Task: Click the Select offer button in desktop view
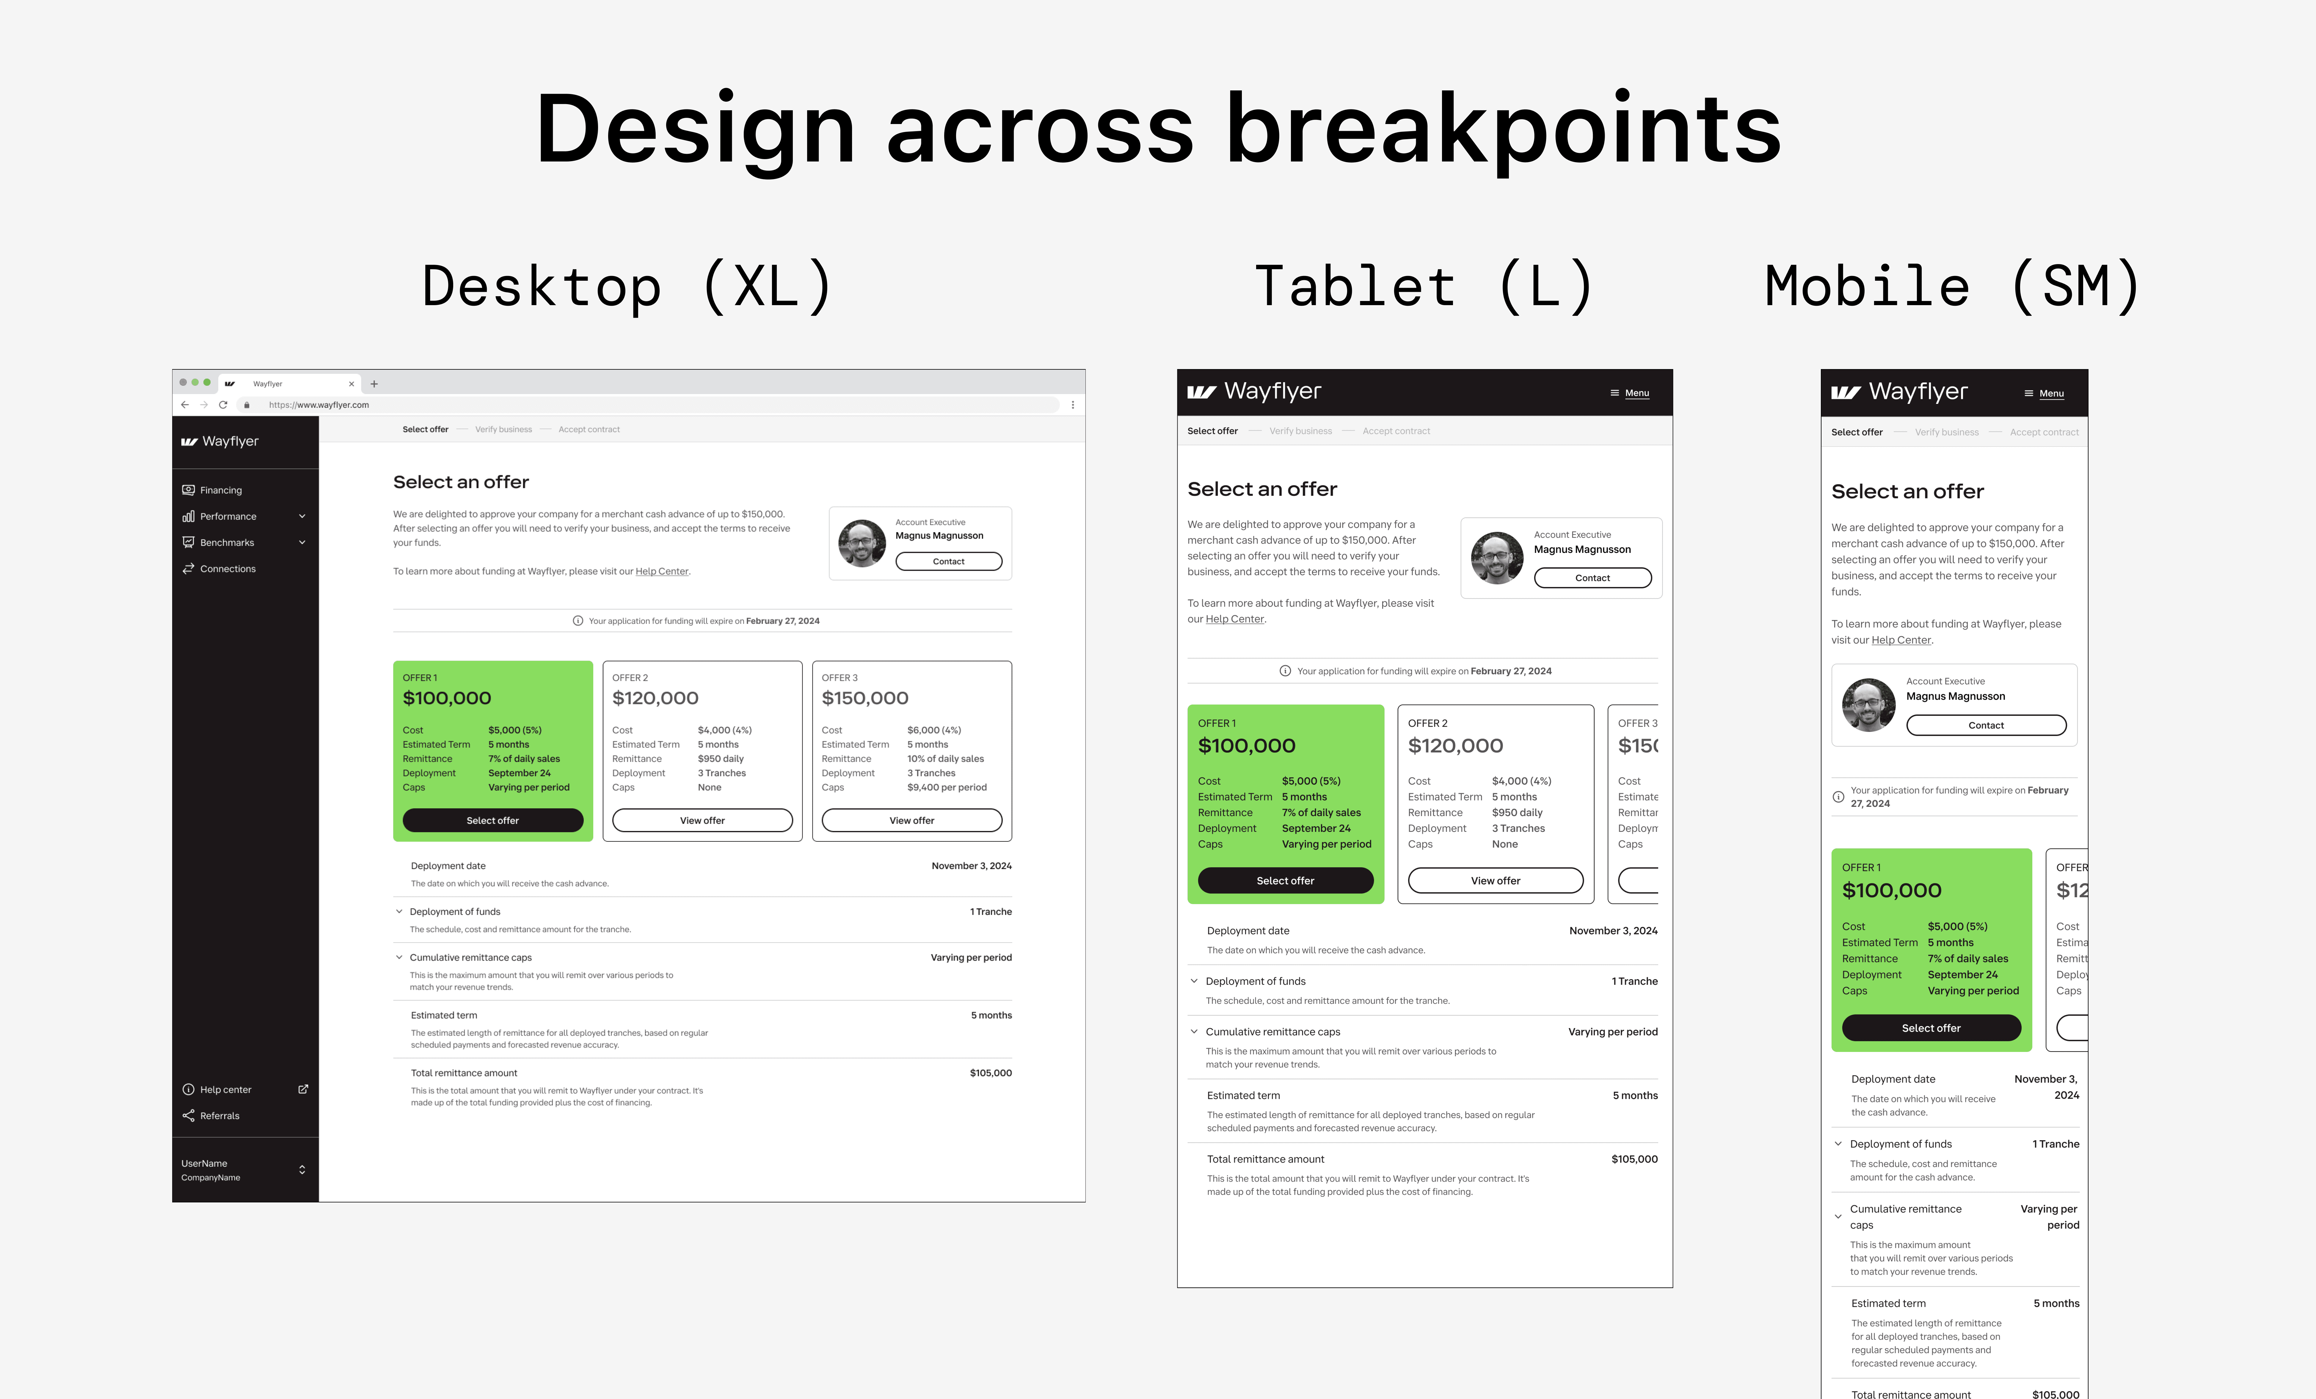pos(492,820)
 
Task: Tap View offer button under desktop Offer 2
pos(702,820)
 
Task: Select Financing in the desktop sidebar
pos(221,490)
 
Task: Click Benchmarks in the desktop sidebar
pos(227,542)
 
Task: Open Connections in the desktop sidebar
pos(227,569)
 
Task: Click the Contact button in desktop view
pos(948,561)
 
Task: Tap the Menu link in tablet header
pos(1636,393)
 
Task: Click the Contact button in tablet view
pos(1592,577)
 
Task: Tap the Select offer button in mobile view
pos(1931,1028)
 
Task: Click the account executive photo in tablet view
pos(1496,558)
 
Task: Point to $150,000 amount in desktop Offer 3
pos(865,698)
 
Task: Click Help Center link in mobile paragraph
pos(1901,640)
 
